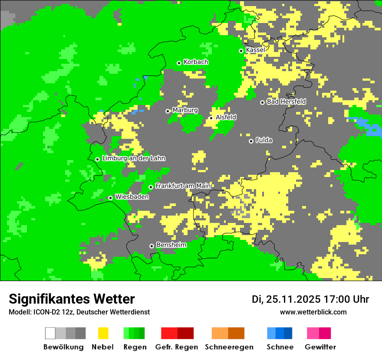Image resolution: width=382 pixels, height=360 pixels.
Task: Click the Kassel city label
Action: tap(255, 50)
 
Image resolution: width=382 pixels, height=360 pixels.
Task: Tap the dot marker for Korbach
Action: tap(179, 63)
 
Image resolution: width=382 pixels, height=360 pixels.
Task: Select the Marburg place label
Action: tap(185, 110)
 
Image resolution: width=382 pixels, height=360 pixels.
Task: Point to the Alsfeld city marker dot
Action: tap(211, 118)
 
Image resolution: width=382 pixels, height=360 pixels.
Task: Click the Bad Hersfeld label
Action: tap(286, 101)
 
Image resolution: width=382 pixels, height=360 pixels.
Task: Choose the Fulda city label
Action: tap(264, 140)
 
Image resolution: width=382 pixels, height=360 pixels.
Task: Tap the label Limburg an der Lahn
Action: tap(134, 158)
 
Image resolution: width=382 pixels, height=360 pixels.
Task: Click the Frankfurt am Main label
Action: tap(183, 186)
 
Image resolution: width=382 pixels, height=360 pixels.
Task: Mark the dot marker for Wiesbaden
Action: tap(111, 198)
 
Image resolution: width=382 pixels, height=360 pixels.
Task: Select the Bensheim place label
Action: tap(171, 245)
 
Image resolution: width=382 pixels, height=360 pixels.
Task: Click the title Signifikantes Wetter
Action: tap(72, 299)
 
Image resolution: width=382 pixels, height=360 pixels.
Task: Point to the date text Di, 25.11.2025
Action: tap(286, 299)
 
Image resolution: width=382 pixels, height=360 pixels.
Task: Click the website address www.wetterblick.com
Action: tap(313, 312)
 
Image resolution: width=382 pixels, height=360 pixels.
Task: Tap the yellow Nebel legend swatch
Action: tap(103, 333)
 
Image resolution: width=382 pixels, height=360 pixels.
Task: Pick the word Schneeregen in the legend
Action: tap(229, 347)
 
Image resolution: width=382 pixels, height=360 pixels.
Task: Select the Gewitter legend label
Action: tap(320, 347)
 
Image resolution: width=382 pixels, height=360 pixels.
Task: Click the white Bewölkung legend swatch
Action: tap(50, 333)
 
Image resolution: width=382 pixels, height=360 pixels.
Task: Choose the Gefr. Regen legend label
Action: tap(177, 347)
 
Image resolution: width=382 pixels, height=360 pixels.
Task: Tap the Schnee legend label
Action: tap(280, 347)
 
